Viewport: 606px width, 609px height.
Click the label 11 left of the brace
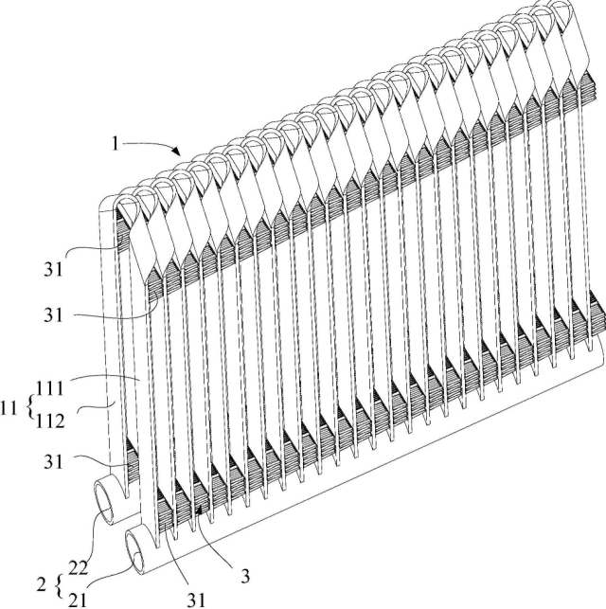pos(14,409)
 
